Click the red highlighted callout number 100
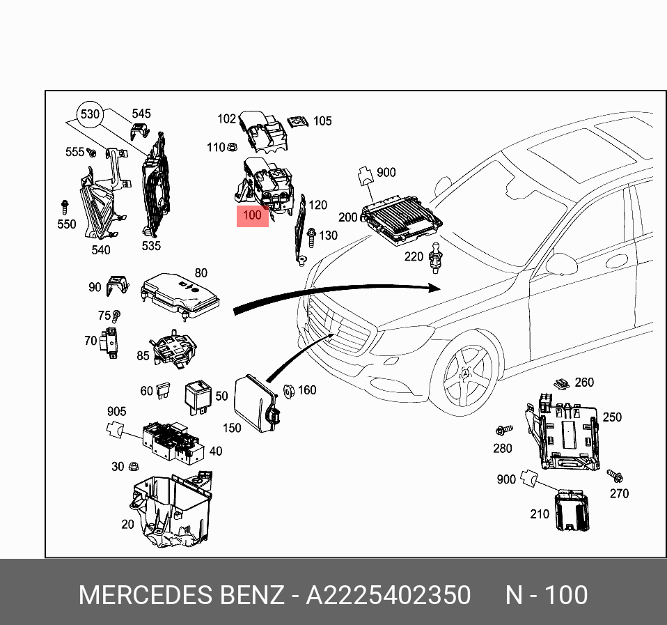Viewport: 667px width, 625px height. coord(252,215)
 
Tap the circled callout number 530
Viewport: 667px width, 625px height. coord(91,114)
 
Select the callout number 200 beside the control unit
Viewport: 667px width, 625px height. coord(348,217)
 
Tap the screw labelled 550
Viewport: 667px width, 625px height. coord(65,206)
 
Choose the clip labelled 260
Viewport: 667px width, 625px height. coord(560,383)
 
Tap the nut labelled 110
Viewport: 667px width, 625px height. coord(233,147)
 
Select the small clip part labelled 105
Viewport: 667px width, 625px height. coord(298,121)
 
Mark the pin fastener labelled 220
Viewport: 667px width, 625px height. coord(436,256)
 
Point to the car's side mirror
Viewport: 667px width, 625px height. coord(561,263)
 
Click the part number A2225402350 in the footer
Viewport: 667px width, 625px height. coord(389,596)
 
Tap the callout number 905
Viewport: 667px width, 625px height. coord(116,412)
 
